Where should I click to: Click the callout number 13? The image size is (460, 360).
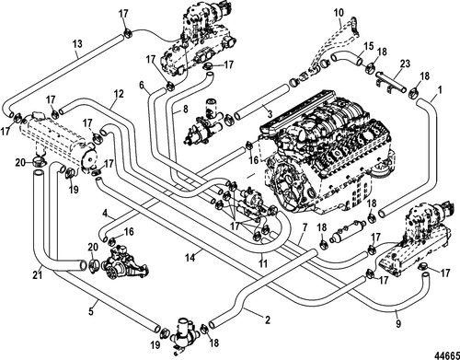point(77,43)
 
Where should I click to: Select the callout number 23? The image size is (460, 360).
point(406,64)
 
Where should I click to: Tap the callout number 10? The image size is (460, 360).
point(339,13)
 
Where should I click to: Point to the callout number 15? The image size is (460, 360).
point(369,46)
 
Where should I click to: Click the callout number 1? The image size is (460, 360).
point(440,90)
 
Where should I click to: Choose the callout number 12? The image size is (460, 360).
point(119,94)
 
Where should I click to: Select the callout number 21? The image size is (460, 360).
point(38,274)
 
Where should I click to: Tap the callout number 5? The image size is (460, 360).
point(91,311)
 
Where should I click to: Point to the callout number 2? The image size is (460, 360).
point(268,320)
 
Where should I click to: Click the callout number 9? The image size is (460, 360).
point(398,323)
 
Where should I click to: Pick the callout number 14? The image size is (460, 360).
point(190,257)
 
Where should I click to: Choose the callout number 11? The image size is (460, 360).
point(263,263)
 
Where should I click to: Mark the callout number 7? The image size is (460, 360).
point(305,228)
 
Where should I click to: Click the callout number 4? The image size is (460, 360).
point(105,213)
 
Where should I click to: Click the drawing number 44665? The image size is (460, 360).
point(447,354)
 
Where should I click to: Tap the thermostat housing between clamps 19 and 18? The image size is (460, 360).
point(183,334)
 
